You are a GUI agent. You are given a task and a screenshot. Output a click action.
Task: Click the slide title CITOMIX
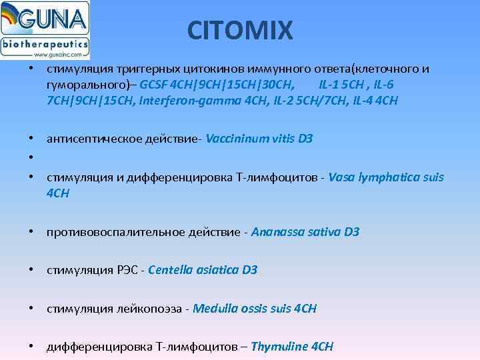click(x=240, y=29)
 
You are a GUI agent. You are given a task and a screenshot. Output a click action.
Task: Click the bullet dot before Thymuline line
click(x=32, y=347)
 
